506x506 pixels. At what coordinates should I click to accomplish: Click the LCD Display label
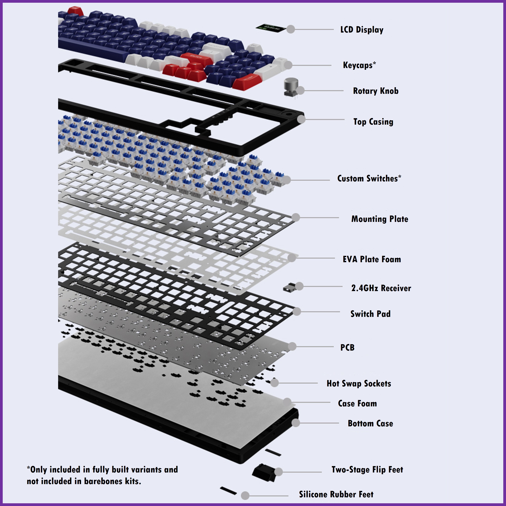point(362,30)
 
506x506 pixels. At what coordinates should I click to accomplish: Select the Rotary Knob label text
point(376,91)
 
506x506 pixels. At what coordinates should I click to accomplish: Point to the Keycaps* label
point(359,65)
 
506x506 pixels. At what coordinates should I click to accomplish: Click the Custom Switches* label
point(369,179)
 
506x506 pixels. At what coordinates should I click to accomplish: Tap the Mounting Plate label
point(379,219)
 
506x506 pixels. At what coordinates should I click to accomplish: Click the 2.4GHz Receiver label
point(381,288)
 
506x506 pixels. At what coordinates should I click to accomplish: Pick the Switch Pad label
point(370,314)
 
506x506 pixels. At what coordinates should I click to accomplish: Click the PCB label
point(347,347)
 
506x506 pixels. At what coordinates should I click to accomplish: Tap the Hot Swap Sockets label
point(359,384)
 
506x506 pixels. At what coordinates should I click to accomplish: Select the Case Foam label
point(357,403)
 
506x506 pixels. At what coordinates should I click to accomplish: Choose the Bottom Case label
point(370,423)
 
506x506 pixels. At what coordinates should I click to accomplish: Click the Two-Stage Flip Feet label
point(367,470)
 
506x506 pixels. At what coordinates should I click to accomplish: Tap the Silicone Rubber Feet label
point(336,495)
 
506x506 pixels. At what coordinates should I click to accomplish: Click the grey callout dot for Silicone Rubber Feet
point(245,496)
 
